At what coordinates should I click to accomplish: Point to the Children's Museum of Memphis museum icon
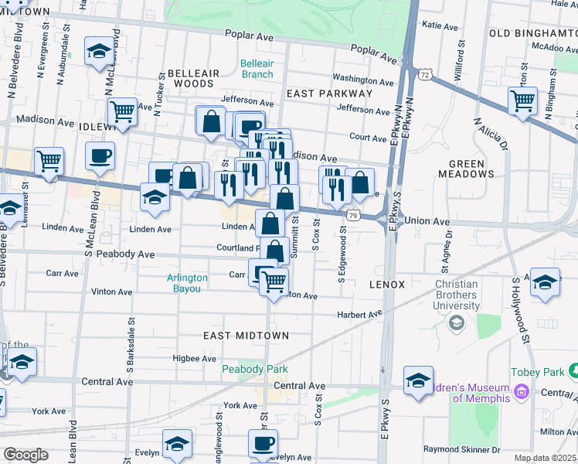pos(521,393)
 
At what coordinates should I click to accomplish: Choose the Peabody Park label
pos(250,370)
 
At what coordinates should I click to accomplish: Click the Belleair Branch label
pos(257,69)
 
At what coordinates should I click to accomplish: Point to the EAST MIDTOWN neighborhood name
pos(246,336)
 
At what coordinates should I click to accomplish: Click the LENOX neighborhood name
pos(386,285)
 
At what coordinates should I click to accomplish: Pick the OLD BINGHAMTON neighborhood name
pos(533,34)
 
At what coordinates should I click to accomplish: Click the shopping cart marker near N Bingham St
pos(523,100)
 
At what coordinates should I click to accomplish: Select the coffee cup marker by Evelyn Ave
pos(263,444)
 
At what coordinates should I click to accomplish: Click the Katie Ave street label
pos(441,26)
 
